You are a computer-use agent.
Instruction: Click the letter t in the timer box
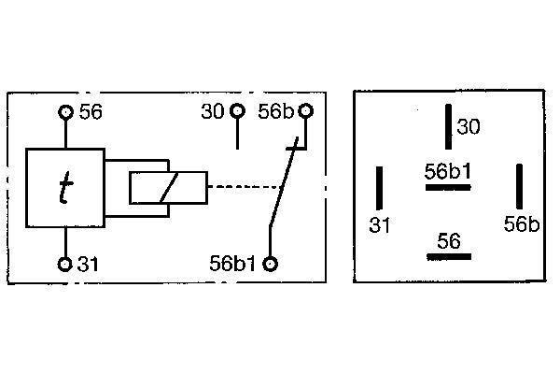[65, 187]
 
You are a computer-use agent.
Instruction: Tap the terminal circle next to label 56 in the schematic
[65, 112]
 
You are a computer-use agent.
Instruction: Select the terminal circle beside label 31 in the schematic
[64, 264]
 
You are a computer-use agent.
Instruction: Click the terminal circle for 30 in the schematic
[237, 111]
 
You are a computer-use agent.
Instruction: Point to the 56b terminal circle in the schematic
[305, 111]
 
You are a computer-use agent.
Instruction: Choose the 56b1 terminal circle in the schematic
[270, 264]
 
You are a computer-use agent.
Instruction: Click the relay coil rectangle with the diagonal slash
[169, 188]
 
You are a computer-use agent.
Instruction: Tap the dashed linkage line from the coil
[245, 186]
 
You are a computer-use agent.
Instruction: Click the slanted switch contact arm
[283, 182]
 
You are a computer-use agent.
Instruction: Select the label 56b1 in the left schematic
[232, 264]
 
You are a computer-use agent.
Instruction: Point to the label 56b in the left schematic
[276, 111]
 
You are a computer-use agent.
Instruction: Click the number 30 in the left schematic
[213, 111]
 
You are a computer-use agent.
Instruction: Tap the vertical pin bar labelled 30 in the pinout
[448, 126]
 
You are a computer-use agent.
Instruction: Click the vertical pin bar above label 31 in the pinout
[379, 188]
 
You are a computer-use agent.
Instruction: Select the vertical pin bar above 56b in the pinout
[519, 186]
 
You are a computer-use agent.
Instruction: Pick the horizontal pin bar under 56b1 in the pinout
[448, 187]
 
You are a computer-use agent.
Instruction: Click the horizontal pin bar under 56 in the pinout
[449, 256]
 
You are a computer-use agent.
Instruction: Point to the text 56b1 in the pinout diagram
[448, 172]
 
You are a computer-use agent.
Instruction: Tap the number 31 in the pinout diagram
[379, 225]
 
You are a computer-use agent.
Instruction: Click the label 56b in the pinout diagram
[522, 224]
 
